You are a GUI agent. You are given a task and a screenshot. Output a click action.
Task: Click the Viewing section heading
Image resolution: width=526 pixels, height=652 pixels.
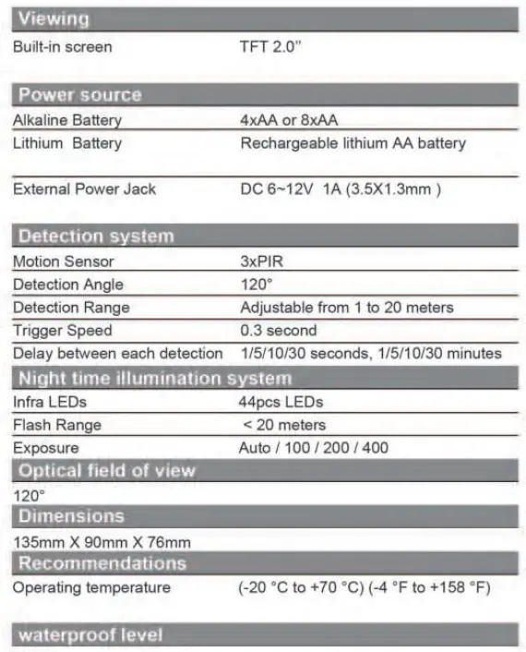[54, 18]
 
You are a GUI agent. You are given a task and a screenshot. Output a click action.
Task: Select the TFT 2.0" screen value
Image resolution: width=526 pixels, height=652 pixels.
[270, 47]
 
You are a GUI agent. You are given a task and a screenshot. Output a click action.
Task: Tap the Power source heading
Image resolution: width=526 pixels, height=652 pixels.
[80, 95]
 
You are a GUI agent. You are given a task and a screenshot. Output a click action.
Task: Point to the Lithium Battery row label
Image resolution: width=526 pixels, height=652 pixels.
[67, 143]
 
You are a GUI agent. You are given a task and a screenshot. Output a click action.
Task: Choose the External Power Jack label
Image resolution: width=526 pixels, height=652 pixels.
[85, 189]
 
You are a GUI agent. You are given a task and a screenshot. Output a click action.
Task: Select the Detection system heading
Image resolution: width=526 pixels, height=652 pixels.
[96, 236]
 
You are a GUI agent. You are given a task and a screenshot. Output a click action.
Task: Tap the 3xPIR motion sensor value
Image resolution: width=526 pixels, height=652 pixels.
[262, 261]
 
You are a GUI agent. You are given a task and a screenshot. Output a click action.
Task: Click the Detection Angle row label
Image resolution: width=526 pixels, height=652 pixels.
[68, 284]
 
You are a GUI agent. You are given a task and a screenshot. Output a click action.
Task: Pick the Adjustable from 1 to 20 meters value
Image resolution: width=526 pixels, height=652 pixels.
[347, 308]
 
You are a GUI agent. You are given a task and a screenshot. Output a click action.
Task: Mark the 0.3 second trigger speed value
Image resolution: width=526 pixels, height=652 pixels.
[278, 330]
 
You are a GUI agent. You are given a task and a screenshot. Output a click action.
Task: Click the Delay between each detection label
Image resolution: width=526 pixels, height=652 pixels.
[118, 353]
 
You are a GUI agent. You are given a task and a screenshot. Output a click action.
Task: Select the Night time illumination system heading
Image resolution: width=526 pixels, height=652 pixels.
[155, 378]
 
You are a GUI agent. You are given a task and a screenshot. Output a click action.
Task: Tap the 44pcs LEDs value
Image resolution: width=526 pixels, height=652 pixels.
[281, 403]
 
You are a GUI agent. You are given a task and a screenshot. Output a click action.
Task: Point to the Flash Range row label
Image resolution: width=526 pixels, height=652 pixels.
[57, 425]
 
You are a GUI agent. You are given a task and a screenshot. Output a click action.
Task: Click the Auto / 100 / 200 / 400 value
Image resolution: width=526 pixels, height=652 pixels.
[314, 448]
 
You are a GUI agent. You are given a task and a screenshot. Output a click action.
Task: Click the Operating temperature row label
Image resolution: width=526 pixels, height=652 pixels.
[91, 587]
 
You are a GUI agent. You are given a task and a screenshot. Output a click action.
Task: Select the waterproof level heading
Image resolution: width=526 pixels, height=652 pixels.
[90, 635]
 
